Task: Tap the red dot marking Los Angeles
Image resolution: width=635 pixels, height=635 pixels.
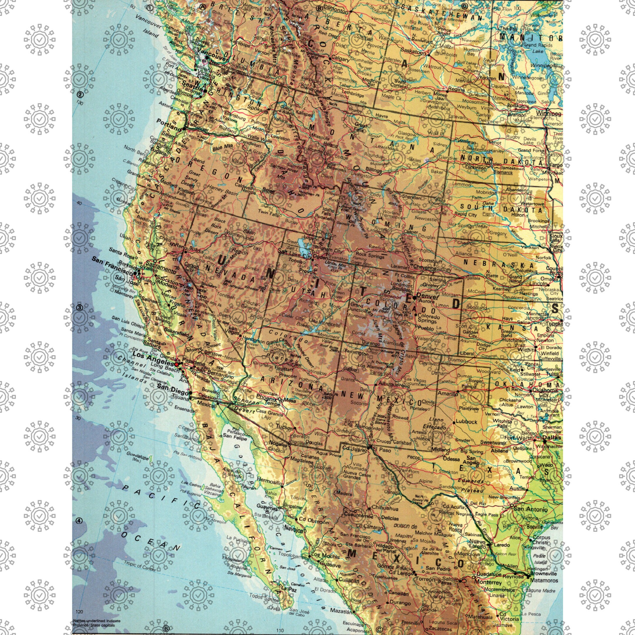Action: (176, 364)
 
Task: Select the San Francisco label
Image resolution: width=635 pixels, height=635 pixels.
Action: (112, 266)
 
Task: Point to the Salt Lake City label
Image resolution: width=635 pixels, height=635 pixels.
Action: (294, 251)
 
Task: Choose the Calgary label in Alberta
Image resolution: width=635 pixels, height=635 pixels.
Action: (340, 59)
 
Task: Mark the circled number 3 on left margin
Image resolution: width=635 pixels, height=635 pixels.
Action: (79, 308)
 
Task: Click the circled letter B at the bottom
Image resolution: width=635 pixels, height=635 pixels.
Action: (166, 629)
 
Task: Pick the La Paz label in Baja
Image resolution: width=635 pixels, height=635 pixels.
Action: (289, 588)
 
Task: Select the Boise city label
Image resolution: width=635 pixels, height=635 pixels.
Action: (269, 190)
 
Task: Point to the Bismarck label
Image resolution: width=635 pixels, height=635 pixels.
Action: (503, 172)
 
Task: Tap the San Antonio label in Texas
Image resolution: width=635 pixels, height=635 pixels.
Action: (530, 509)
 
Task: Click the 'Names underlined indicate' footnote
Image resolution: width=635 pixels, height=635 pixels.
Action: (97, 621)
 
